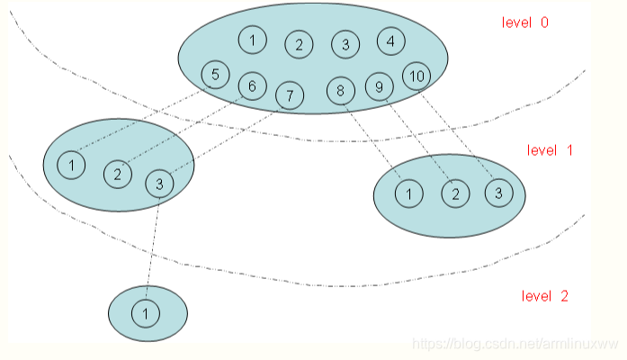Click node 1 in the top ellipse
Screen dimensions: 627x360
[x=253, y=40]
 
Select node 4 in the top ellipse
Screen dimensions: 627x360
[x=390, y=40]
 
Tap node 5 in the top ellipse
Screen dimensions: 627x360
[x=215, y=75]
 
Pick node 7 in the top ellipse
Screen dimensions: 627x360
[x=289, y=94]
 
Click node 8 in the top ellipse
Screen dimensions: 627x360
[x=341, y=90]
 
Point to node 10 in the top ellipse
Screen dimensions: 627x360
[x=416, y=76]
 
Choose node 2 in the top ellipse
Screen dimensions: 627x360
[x=300, y=44]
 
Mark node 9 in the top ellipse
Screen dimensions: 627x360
[x=379, y=86]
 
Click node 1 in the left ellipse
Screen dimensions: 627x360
[x=71, y=165]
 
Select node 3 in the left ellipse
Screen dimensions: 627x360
[x=159, y=183]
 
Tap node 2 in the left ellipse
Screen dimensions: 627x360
[x=117, y=174]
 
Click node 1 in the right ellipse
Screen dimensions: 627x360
[x=409, y=193]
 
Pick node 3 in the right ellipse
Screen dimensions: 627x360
[x=499, y=192]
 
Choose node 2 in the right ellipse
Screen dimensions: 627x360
[x=455, y=193]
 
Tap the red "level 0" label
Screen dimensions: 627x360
[x=525, y=22]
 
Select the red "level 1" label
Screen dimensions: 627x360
[x=550, y=150]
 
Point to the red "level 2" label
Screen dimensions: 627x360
[x=545, y=295]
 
